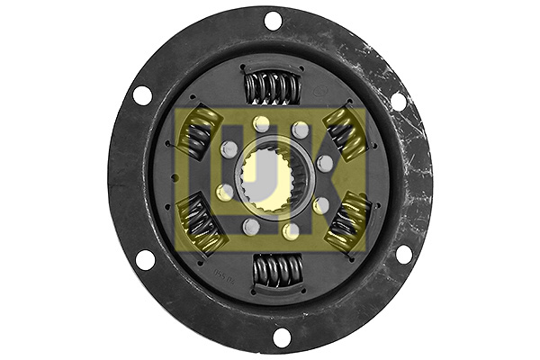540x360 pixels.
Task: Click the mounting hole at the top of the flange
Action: pos(273,20)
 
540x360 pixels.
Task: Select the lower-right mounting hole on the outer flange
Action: pos(403,254)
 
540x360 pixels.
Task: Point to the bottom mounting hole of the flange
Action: pos(282,337)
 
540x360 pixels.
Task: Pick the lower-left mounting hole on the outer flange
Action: pos(145,260)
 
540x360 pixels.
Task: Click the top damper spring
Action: pos(273,88)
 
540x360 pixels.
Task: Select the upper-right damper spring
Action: pos(344,131)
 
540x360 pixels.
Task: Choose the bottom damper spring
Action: pos(278,270)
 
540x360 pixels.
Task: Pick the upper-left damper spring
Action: pos(198,132)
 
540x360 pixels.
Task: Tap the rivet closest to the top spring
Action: pos(261,123)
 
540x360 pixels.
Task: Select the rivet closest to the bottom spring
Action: pos(290,231)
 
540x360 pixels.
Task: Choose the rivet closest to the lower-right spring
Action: pos(320,205)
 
